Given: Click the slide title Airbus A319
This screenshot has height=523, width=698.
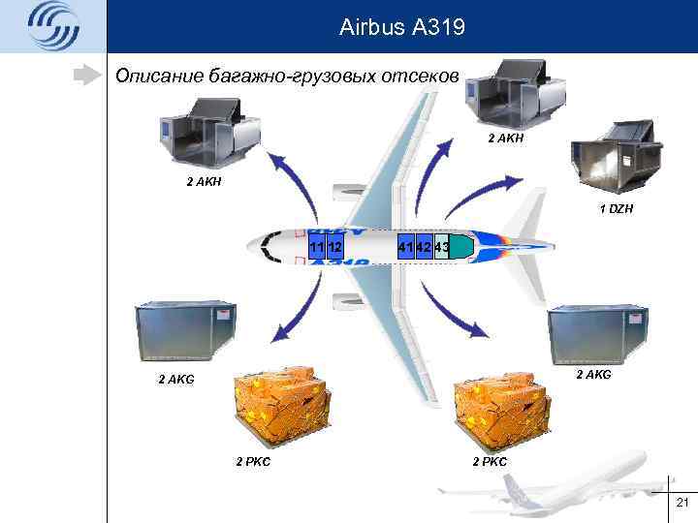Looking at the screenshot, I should coord(402,28).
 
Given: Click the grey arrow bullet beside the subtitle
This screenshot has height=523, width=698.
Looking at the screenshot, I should coord(90,74).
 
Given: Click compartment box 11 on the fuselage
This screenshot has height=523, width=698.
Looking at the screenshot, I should coord(317,247).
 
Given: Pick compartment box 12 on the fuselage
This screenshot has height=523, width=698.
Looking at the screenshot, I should coord(335,247).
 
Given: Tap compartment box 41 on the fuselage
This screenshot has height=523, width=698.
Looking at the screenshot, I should coord(406,247).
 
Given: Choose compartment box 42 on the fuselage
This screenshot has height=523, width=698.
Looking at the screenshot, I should coord(424,247).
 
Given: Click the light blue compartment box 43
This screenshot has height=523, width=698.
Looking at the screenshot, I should coord(441,247).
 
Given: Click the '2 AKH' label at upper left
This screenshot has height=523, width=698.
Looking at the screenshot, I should coord(206,181).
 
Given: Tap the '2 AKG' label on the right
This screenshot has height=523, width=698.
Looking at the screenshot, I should coord(594,374).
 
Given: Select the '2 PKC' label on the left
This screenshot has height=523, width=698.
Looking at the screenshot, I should coord(253,460).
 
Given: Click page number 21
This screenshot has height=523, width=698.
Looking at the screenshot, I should coord(681,501).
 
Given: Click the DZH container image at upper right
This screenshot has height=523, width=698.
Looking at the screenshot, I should coord(609,157).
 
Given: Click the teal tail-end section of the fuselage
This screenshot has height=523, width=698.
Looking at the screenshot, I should coord(460,247).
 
